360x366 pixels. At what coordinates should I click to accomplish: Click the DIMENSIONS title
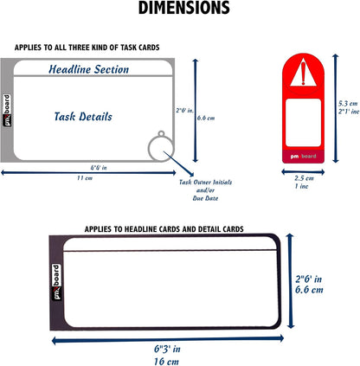coord(184,8)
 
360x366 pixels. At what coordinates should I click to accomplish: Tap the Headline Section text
coord(88,69)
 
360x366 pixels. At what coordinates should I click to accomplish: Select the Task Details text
coord(83,117)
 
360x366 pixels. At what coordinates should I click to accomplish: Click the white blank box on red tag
coord(303,122)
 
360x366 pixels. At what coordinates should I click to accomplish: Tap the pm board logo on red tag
coord(303,157)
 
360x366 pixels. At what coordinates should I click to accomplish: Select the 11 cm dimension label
coord(85,178)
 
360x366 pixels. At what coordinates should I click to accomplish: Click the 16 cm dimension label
coord(166,362)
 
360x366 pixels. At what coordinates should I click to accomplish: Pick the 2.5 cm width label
coord(304,178)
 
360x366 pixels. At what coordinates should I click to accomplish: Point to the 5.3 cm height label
coord(348,104)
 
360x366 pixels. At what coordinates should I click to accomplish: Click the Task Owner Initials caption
coord(205,183)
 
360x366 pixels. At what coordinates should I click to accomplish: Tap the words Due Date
coord(205,198)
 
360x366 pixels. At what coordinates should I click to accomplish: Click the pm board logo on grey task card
coord(7,111)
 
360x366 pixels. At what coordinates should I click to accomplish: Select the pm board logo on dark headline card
coord(56,282)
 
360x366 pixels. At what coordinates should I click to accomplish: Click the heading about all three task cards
coord(87,48)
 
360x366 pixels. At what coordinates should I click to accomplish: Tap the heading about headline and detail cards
coord(164,229)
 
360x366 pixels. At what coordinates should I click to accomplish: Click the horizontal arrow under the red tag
coord(303,172)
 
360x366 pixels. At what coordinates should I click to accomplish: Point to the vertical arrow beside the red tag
coord(335,108)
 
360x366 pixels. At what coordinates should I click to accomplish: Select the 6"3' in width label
coord(167,349)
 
